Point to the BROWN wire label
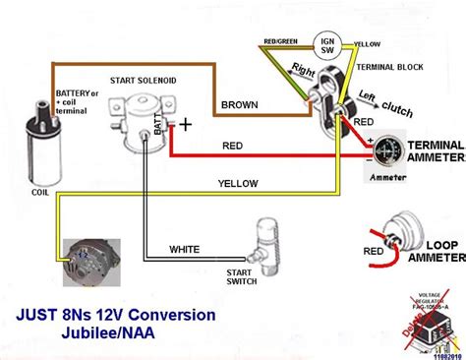(240, 103)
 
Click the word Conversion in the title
(167, 315)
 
